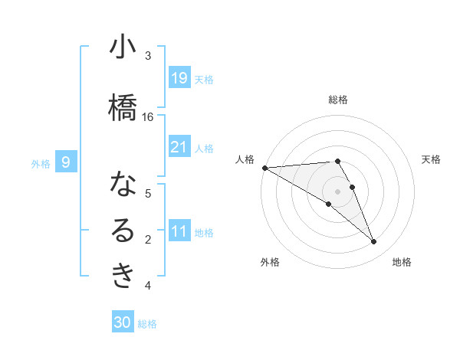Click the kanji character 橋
[122, 106]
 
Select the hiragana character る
[123, 231]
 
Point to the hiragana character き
[123, 276]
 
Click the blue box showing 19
[179, 77]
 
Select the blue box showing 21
[179, 146]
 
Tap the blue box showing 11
[179, 231]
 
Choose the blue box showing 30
[123, 322]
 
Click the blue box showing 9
[67, 162]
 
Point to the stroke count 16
[148, 116]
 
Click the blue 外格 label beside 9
[41, 163]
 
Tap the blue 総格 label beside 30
[147, 324]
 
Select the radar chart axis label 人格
[245, 159]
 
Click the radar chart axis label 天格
[431, 159]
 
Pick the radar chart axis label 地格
[402, 263]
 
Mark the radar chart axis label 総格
[338, 100]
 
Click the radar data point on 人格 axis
[264, 168]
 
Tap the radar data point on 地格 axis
[374, 242]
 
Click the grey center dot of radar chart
[337, 191]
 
